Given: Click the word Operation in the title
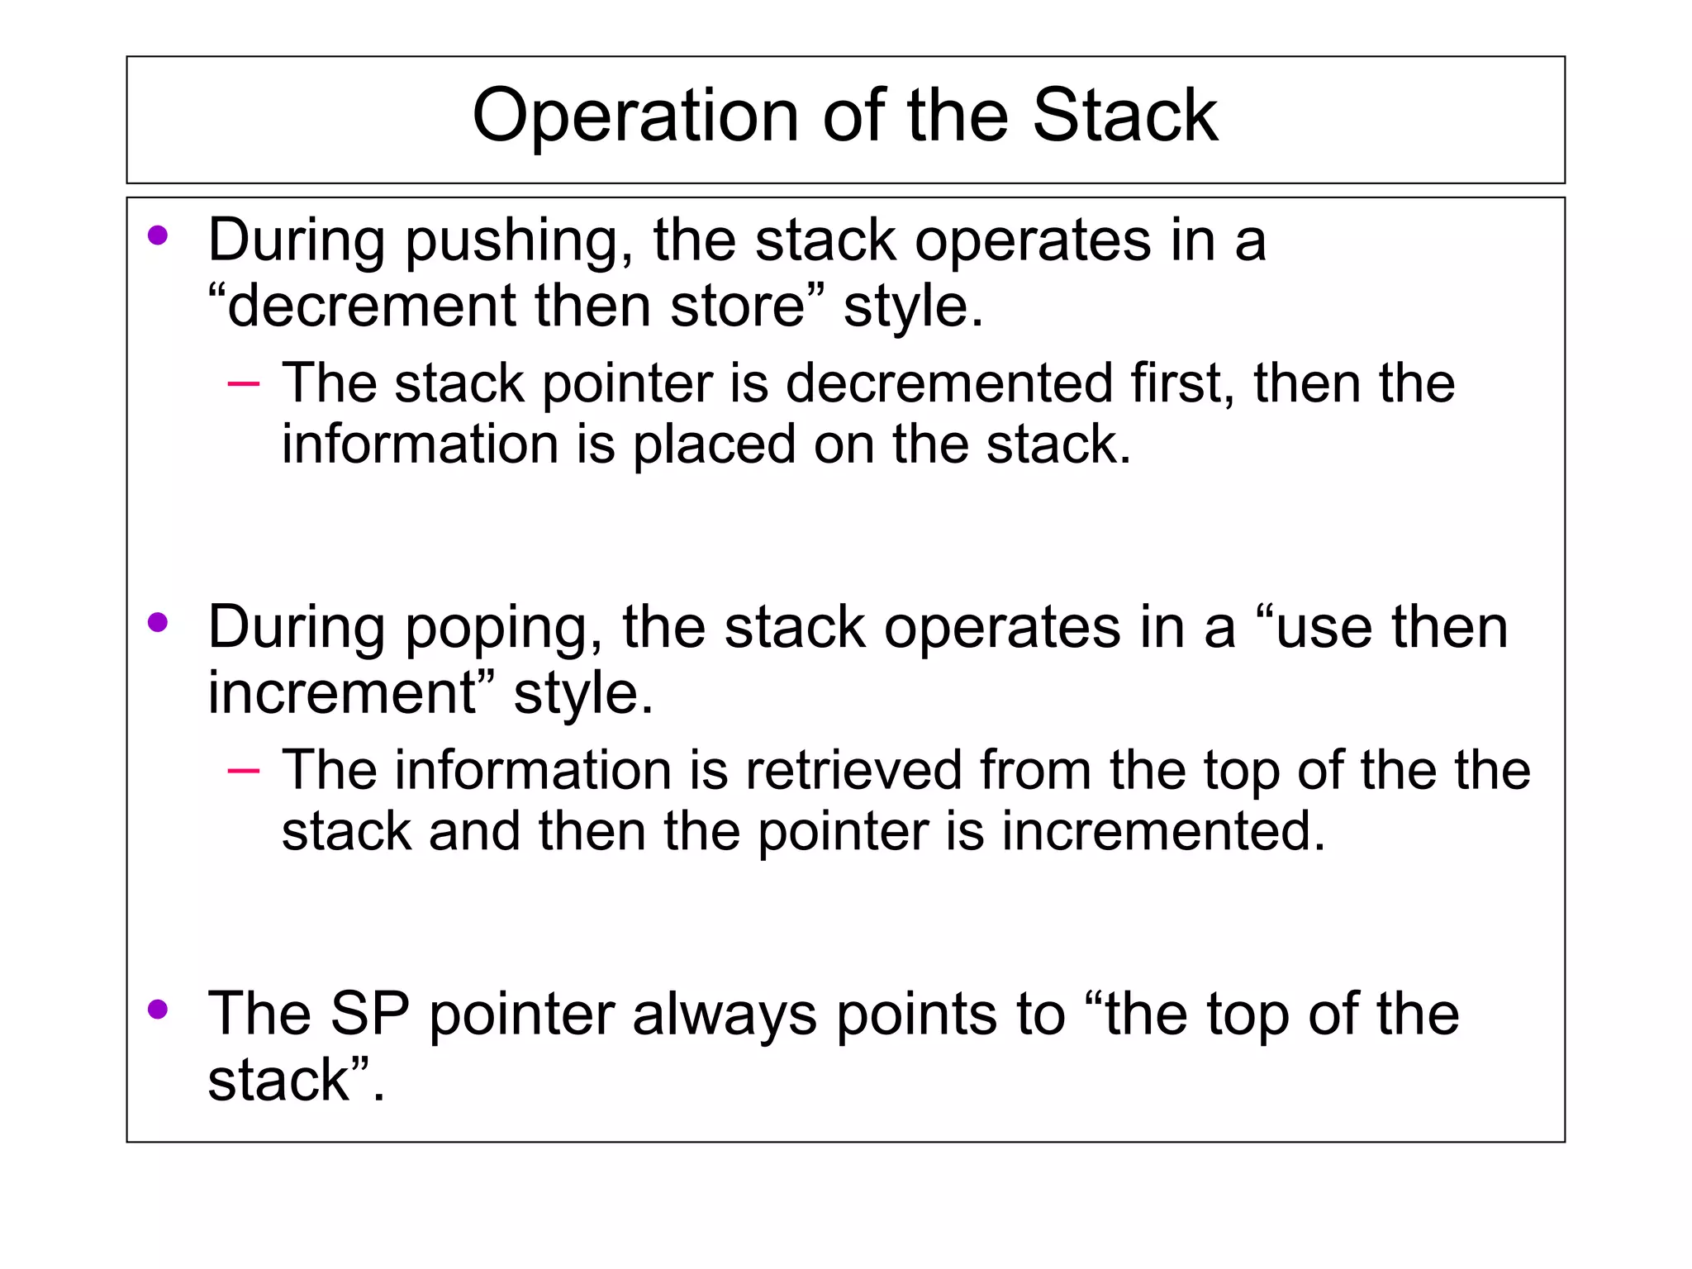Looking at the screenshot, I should pyautogui.click(x=634, y=116).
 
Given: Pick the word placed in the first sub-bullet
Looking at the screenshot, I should pyautogui.click(x=714, y=444).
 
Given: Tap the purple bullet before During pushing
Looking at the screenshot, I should pyautogui.click(x=158, y=237).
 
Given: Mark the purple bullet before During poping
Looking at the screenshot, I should pyautogui.click(x=158, y=623).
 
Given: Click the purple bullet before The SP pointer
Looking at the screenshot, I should pyautogui.click(x=158, y=1009).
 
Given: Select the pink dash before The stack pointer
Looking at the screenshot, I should pyautogui.click(x=243, y=384).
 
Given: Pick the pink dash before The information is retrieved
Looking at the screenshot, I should pyautogui.click(x=243, y=771).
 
